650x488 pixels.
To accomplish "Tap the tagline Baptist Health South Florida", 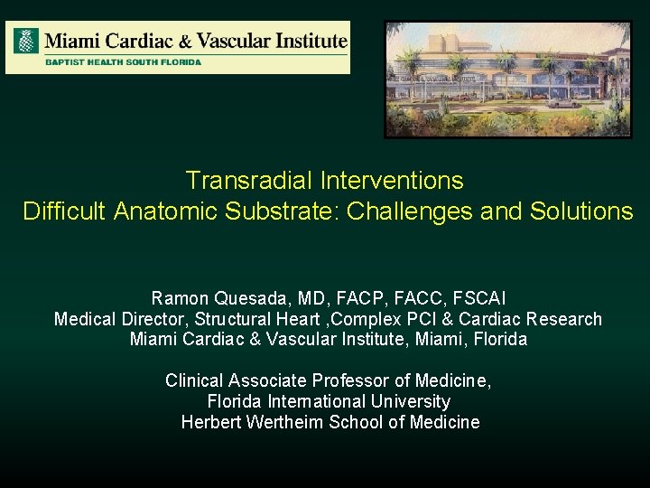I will pos(124,62).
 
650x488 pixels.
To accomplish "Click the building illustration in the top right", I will pos(507,80).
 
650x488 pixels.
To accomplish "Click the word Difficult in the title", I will pos(64,211).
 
